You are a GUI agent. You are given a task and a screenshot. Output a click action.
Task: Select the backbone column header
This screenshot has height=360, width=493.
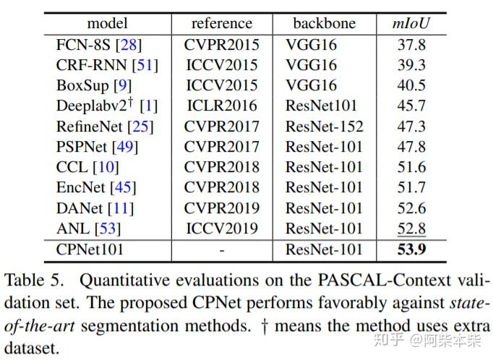click(x=324, y=23)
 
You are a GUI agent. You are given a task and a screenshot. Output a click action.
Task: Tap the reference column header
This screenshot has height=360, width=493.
click(x=221, y=23)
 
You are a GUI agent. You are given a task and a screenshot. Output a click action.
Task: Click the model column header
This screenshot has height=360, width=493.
click(x=106, y=23)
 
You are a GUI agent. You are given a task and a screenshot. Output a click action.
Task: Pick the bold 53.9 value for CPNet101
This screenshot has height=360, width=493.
click(x=410, y=250)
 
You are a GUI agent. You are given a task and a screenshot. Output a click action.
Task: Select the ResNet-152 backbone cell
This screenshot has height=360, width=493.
click(x=325, y=127)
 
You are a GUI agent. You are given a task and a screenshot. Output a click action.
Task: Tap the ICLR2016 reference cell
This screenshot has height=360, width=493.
click(x=221, y=106)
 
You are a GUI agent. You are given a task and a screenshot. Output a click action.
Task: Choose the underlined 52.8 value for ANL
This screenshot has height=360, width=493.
click(x=410, y=229)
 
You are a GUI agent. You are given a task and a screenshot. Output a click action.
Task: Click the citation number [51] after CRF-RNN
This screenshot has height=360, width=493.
click(x=145, y=65)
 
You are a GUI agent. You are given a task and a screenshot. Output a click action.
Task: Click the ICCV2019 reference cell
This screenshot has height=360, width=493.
click(x=221, y=229)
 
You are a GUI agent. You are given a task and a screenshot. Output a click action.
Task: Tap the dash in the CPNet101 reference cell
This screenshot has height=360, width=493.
click(x=221, y=250)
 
